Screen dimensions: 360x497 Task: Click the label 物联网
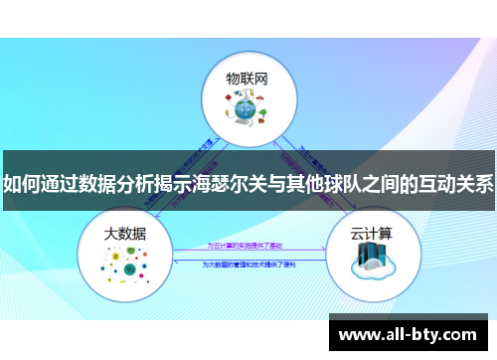pyautogui.click(x=247, y=77)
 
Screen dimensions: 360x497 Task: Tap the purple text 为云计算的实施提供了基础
pyautogui.click(x=247, y=244)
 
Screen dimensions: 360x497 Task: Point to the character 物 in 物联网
pyautogui.click(x=232, y=77)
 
